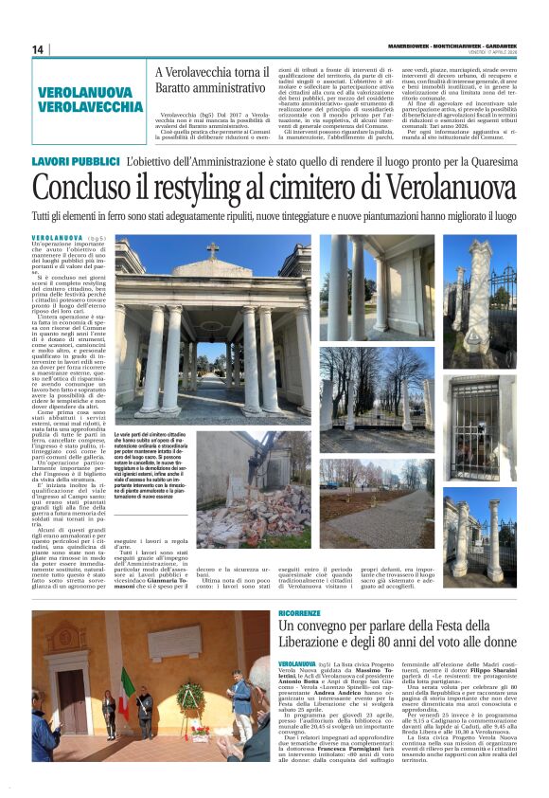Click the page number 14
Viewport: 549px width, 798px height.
coord(38,49)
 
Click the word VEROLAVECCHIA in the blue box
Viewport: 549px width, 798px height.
coord(91,107)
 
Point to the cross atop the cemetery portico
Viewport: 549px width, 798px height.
coord(212,248)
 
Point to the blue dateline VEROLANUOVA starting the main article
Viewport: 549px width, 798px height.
coord(57,238)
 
